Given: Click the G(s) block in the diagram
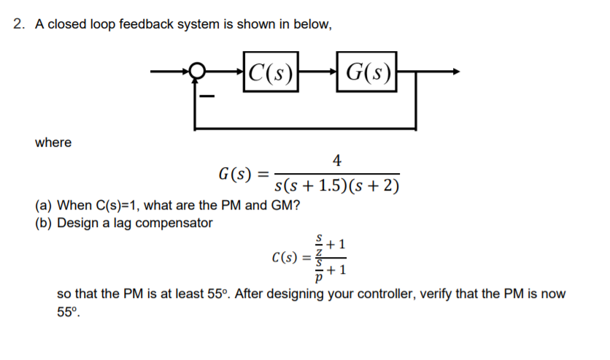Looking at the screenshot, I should tap(367, 72).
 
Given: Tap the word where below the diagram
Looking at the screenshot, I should tap(53, 142).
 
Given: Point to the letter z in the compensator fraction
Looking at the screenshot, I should tap(318, 252).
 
